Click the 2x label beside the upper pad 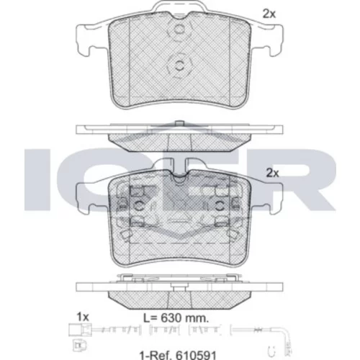269,14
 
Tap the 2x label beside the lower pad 273,173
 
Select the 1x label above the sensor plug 83,317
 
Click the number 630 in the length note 171,318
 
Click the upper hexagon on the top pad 179,30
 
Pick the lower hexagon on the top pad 179,66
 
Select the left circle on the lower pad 139,206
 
